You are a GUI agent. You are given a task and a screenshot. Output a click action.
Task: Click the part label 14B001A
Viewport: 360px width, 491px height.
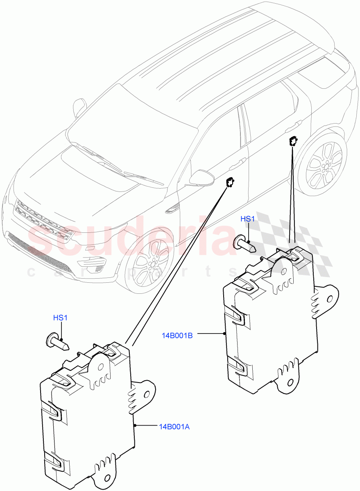click(174, 426)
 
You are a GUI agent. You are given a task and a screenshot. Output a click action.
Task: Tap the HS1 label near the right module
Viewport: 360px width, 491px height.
click(247, 219)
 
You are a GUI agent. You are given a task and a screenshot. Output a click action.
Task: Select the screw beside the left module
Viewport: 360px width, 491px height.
click(57, 341)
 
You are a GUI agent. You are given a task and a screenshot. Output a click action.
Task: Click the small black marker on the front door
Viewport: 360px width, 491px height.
click(231, 181)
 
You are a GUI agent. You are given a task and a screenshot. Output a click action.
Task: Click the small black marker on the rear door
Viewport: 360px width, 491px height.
click(293, 141)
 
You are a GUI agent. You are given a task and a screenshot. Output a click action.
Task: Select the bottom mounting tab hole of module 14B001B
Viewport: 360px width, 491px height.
click(290, 382)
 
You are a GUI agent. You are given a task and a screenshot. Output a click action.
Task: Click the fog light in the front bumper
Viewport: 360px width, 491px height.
click(94, 262)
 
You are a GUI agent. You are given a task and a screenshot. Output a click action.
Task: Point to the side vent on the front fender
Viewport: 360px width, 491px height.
click(172, 209)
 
